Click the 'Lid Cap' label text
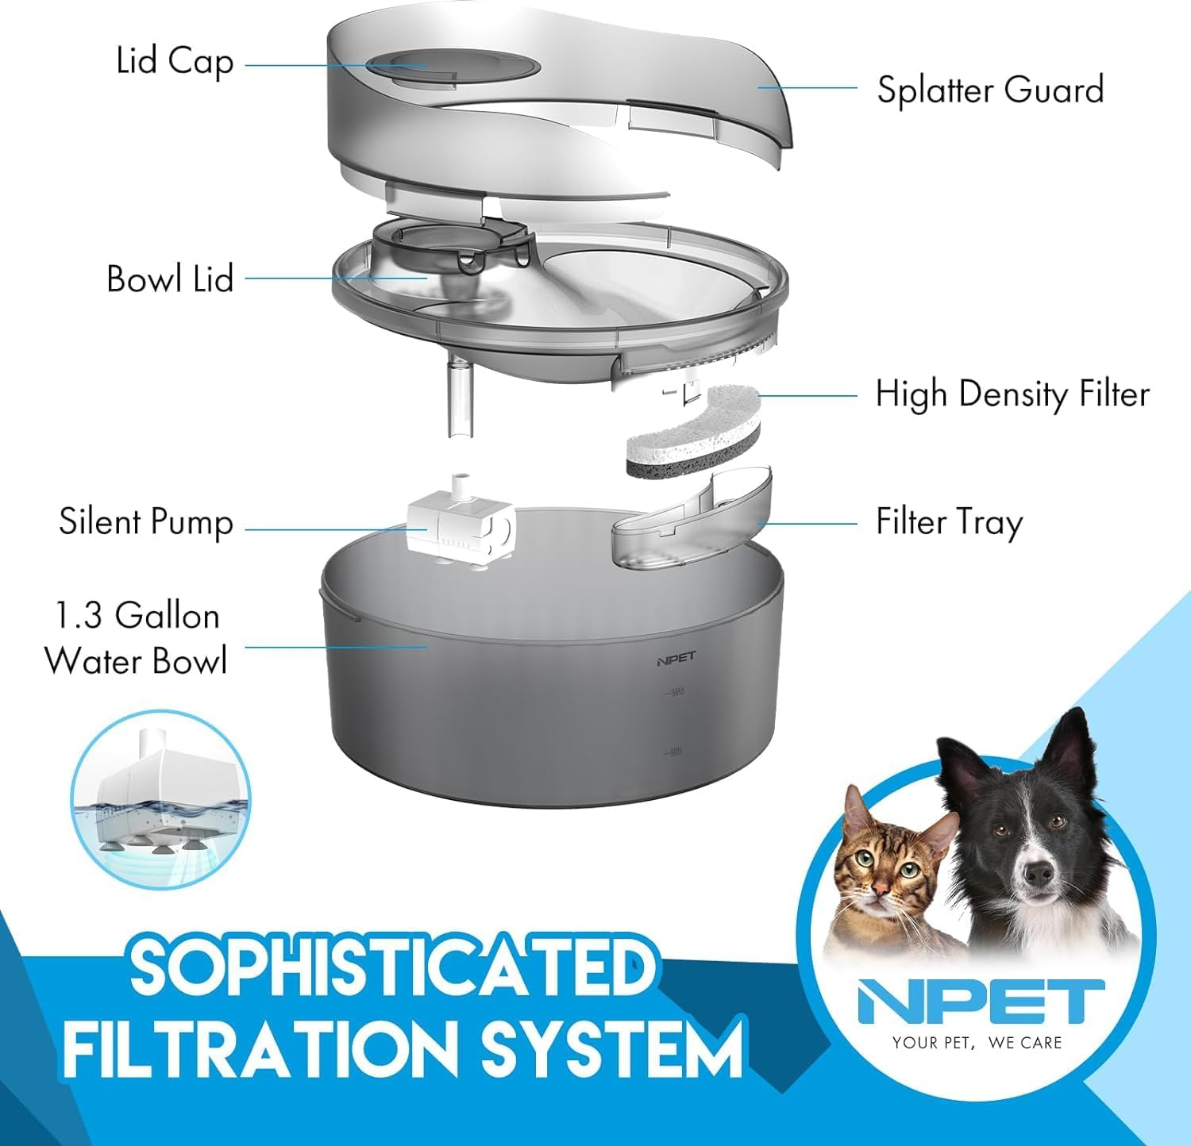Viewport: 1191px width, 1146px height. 175,62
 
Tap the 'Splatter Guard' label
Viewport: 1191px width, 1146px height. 990,90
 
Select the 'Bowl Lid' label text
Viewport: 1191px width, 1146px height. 170,279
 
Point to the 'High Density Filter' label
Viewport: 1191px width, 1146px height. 1012,394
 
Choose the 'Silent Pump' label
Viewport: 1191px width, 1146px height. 146,522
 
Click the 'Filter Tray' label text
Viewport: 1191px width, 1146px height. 949,522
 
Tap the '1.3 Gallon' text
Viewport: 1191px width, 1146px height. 137,616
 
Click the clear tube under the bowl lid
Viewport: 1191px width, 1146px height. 459,397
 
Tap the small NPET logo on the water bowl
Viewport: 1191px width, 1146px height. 676,657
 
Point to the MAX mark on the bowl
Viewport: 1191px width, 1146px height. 676,692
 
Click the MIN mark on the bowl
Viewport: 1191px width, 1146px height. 675,752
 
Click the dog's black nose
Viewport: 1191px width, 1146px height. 1039,871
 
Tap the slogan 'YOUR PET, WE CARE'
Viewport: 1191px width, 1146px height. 977,1043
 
